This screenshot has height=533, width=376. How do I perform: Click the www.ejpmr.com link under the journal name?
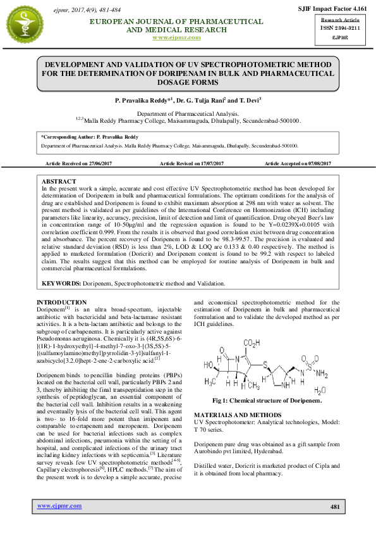[x=176, y=38]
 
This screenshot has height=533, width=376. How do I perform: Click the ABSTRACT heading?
[x=59, y=181]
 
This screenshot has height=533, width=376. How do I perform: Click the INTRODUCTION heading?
[x=62, y=303]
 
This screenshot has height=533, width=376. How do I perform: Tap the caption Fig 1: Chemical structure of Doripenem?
[x=267, y=401]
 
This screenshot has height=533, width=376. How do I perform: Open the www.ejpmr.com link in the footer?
[x=59, y=506]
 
